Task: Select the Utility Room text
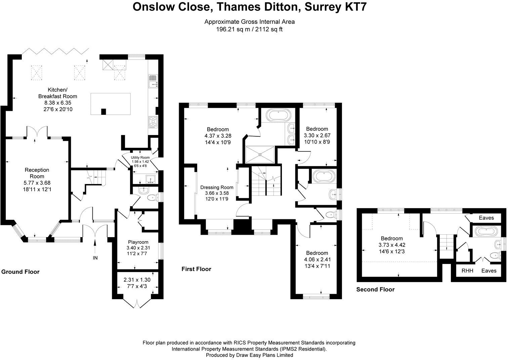click(140, 157)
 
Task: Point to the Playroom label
click(138, 242)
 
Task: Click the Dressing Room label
click(217, 187)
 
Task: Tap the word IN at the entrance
click(96, 258)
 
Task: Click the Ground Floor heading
click(20, 272)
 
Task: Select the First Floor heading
click(196, 269)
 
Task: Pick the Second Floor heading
click(375, 289)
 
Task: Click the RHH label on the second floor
click(467, 270)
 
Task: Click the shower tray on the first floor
click(260, 154)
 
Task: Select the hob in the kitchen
click(152, 122)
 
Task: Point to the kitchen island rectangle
click(111, 104)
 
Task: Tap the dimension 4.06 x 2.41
click(317, 260)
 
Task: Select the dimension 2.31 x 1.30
click(137, 280)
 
